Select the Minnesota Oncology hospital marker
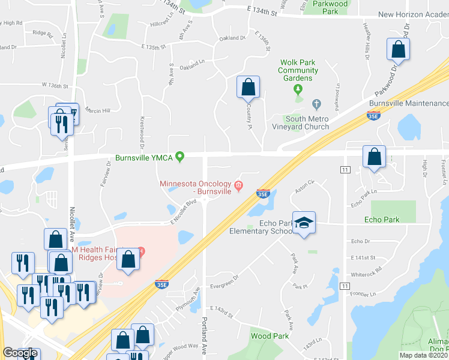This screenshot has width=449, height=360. pos(239,185)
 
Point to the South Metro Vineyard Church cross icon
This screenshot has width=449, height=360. pos(317,104)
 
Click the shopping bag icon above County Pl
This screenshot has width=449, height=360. pos(248,88)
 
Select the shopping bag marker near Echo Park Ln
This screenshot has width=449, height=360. pos(374,157)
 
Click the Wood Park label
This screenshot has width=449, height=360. pos(270,336)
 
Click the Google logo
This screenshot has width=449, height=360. pos(19,353)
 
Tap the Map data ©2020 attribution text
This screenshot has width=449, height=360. pos(424,355)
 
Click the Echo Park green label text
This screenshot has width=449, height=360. pos(382,220)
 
